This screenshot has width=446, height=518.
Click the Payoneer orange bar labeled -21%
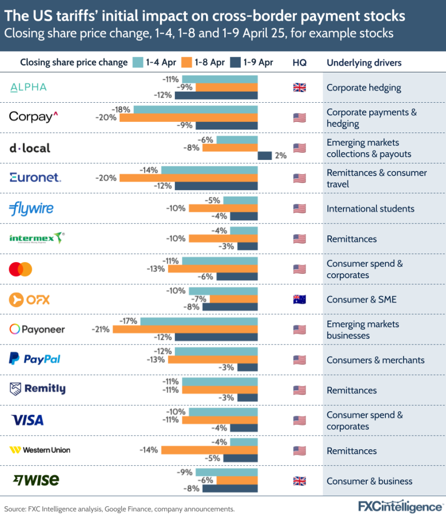pos(185,329)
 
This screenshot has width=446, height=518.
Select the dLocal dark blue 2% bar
pos(265,156)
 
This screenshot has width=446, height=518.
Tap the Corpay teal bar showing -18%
pos(195,110)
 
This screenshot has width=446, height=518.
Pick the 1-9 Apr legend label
pos(258,62)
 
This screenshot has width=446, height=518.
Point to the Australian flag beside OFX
pos(300,299)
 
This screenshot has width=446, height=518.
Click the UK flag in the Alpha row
pos(300,88)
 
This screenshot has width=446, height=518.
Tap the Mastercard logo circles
pos(21,269)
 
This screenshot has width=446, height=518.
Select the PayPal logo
pos(35,359)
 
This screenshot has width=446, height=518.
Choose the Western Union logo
pos(40,450)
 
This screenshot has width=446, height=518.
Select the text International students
pos(370,208)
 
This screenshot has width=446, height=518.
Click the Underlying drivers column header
pos(364,62)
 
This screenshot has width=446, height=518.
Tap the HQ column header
pos(299,62)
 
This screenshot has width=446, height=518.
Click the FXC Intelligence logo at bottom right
pos(399,506)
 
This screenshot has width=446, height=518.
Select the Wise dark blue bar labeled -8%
pos(230,489)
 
